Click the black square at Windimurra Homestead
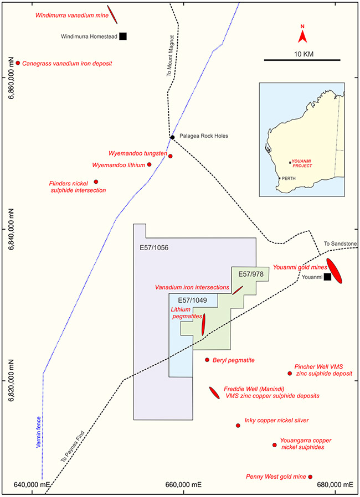[123, 36]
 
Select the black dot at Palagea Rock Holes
[173, 137]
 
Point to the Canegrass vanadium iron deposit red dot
[18, 63]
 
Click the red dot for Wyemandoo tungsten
[171, 156]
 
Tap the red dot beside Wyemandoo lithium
[150, 164]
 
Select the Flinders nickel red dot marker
[96, 182]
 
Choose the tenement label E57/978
[250, 274]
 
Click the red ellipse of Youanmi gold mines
[334, 271]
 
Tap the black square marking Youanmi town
[328, 277]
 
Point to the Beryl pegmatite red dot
[207, 360]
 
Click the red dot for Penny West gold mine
[310, 477]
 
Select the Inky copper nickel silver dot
[238, 426]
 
